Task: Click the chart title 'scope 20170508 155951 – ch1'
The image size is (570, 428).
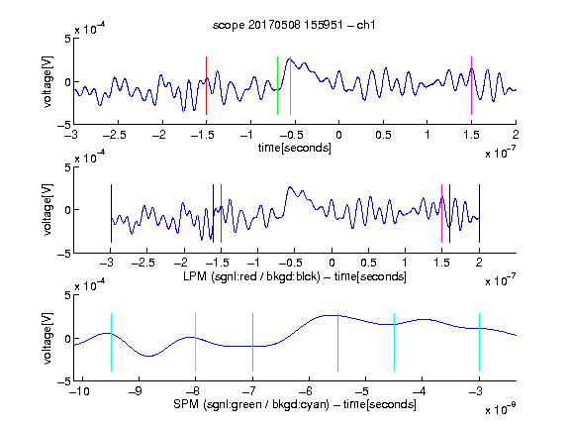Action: (294, 25)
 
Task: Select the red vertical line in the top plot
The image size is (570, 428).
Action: (206, 85)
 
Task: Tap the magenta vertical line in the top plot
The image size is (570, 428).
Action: (471, 85)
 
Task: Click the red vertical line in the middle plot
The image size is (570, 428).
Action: (221, 213)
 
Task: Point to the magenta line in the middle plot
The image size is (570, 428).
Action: (441, 213)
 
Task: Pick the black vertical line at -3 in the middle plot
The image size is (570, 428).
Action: (111, 213)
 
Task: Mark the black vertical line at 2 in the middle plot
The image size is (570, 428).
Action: (479, 213)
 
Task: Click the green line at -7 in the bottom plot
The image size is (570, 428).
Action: (252, 342)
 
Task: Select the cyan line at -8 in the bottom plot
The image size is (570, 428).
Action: (195, 342)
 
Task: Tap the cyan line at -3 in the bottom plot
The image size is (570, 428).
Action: (479, 342)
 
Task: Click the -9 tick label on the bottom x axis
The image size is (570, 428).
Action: (136, 391)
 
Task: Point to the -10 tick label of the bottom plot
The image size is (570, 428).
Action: (79, 391)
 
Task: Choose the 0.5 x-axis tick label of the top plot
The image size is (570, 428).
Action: (383, 135)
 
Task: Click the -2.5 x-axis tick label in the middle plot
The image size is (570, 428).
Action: (143, 263)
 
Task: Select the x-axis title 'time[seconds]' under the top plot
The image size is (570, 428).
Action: (295, 148)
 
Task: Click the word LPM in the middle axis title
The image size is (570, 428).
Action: (195, 276)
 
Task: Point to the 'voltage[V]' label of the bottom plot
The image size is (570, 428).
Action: (47, 338)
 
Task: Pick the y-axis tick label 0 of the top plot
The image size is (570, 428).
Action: (67, 82)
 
